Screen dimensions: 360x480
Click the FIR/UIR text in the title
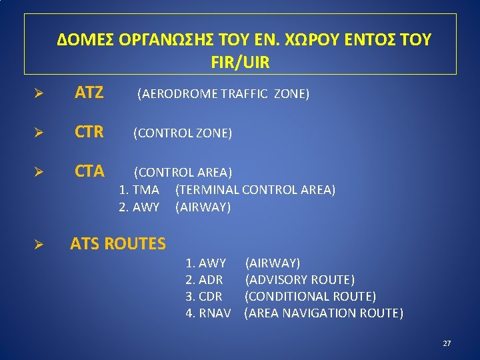(240, 63)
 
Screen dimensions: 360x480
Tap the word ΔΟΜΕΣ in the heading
(85, 40)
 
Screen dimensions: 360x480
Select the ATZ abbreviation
(89, 93)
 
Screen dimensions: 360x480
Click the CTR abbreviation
(89, 133)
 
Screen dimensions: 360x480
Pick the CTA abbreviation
(89, 172)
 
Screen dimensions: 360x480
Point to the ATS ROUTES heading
(118, 244)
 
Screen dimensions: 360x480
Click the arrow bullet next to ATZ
(39, 94)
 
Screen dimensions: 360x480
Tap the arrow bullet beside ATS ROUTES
(39, 245)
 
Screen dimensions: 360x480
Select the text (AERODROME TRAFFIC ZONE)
(223, 94)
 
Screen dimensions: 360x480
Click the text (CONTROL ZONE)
(183, 133)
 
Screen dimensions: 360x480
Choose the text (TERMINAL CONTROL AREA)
(255, 190)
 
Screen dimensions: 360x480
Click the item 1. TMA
(139, 190)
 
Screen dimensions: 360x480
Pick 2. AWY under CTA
(139, 207)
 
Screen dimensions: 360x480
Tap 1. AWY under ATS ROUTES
(205, 263)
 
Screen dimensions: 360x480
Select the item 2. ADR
(204, 280)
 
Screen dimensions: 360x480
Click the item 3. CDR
(204, 297)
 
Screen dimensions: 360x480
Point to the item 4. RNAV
(208, 313)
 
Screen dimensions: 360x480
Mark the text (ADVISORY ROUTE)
(300, 280)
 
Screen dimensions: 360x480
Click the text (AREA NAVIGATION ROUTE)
(324, 313)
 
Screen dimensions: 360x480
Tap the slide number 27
(447, 343)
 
